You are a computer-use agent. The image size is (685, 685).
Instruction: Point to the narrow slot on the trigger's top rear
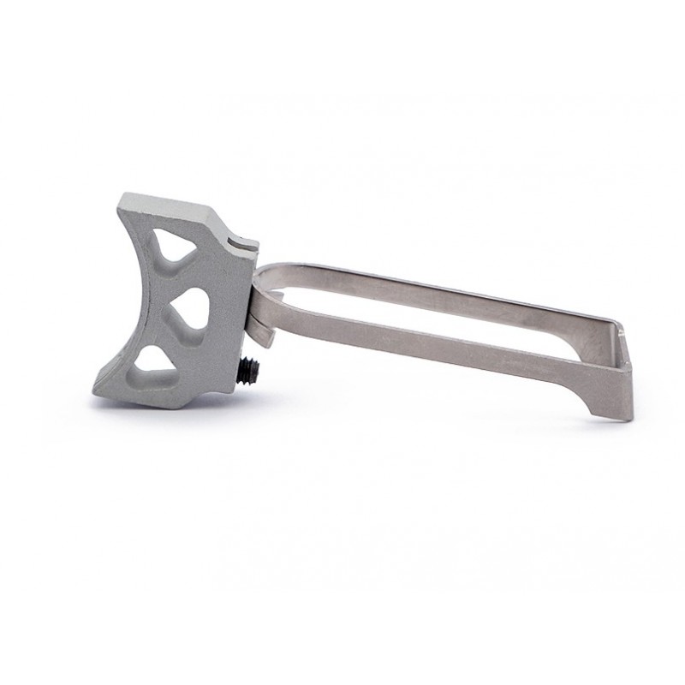point(244,243)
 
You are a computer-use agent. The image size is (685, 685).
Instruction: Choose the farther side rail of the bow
point(445,291)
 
